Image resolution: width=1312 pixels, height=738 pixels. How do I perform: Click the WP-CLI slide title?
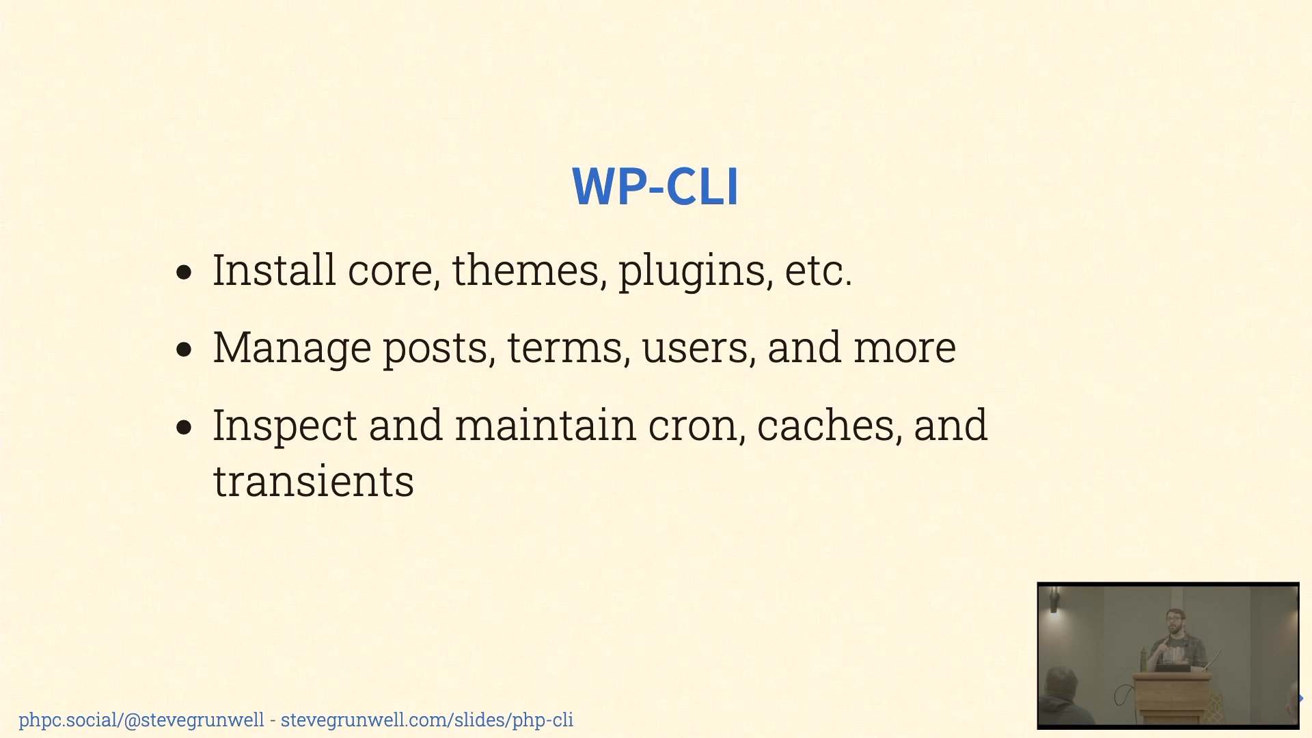pyautogui.click(x=655, y=186)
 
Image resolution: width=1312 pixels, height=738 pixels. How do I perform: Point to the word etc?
pyautogui.click(x=818, y=271)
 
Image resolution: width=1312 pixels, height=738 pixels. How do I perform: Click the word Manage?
pyautogui.click(x=292, y=348)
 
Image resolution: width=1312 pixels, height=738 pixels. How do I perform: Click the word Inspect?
pyautogui.click(x=285, y=426)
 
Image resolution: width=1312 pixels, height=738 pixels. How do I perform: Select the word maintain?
pyautogui.click(x=545, y=426)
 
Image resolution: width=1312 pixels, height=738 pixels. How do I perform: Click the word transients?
pyautogui.click(x=314, y=482)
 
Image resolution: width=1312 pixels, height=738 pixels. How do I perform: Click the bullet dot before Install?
pyautogui.click(x=184, y=273)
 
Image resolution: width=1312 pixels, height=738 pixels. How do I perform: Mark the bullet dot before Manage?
pyautogui.click(x=184, y=350)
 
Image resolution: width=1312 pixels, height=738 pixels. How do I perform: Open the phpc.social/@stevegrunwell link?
pyautogui.click(x=141, y=720)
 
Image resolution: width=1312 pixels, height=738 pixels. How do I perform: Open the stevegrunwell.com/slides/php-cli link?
pyautogui.click(x=427, y=720)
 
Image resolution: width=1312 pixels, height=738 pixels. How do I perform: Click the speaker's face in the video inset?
pyautogui.click(x=1175, y=623)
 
